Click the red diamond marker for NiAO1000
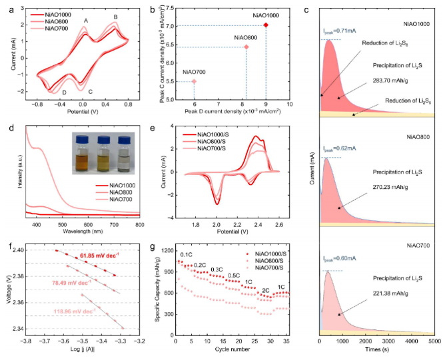266,25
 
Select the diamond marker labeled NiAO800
246,47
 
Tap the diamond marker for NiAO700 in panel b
194,81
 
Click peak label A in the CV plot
85,21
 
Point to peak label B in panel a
115,17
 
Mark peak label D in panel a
64,92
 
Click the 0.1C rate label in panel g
187,254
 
